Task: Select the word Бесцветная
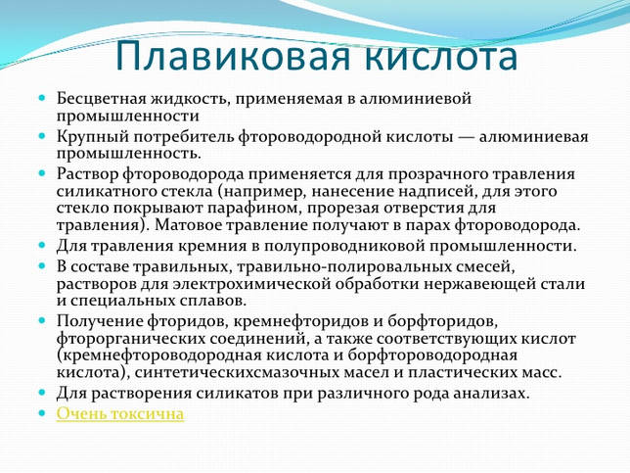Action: pos(102,99)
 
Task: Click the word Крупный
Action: pos(92,137)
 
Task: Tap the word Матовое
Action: pos(188,224)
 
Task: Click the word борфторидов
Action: pos(443,321)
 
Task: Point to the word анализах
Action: pos(491,393)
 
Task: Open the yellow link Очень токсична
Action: pos(120,414)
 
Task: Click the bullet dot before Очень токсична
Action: pos(42,413)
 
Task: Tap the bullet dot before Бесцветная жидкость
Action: pos(42,98)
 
